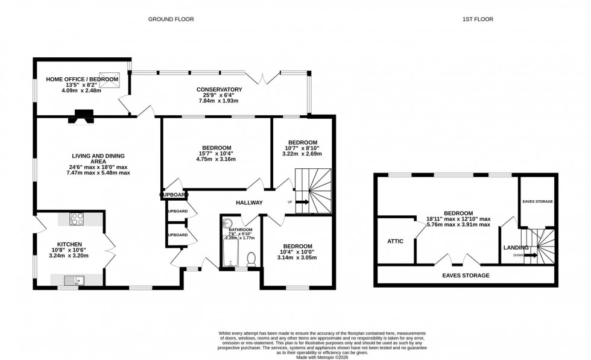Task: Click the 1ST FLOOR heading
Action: (478, 19)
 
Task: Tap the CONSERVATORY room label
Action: (219, 90)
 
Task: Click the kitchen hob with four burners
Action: (77, 219)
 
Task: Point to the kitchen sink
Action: (74, 279)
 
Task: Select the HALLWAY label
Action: (249, 203)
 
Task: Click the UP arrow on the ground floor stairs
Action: (302, 202)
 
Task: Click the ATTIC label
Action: (396, 241)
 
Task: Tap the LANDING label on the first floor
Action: (516, 247)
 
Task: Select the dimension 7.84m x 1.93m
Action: (219, 101)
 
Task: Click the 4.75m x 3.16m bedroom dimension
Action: (216, 159)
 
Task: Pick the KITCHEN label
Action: (69, 244)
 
